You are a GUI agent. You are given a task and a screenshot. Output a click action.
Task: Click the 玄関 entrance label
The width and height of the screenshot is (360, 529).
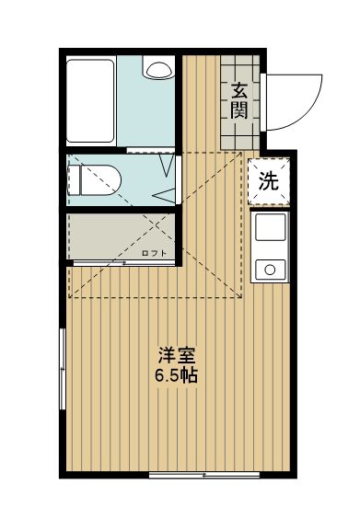pyautogui.click(x=239, y=100)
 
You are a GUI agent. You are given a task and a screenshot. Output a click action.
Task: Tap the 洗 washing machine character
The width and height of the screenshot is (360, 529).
pyautogui.click(x=269, y=181)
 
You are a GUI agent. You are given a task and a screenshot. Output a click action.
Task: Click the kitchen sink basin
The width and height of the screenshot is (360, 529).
pyautogui.click(x=271, y=230)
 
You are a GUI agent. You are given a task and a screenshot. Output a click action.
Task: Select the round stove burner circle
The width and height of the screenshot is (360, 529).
pyautogui.click(x=271, y=269)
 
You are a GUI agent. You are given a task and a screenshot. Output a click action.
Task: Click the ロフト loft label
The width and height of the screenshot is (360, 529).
pyautogui.click(x=154, y=252)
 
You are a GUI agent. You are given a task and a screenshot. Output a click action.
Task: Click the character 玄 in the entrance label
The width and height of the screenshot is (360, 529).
pyautogui.click(x=239, y=91)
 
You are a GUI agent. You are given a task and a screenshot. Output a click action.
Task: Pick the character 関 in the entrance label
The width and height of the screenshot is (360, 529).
pyautogui.click(x=239, y=110)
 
